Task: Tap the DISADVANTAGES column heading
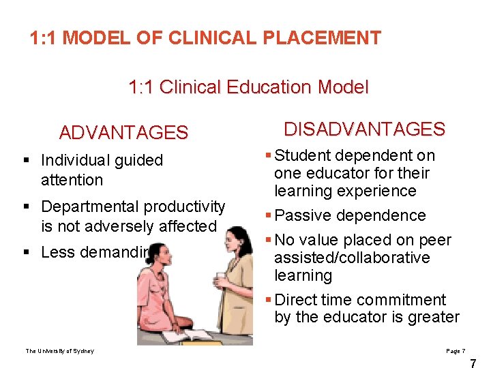[x=364, y=129]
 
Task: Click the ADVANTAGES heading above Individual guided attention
[x=123, y=132]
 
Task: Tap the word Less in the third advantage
[x=56, y=252]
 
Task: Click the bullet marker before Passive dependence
[x=269, y=216]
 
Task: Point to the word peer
[x=436, y=240]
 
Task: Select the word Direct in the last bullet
[x=296, y=300]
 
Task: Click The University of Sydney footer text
[x=60, y=351]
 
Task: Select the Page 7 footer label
[x=456, y=350]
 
